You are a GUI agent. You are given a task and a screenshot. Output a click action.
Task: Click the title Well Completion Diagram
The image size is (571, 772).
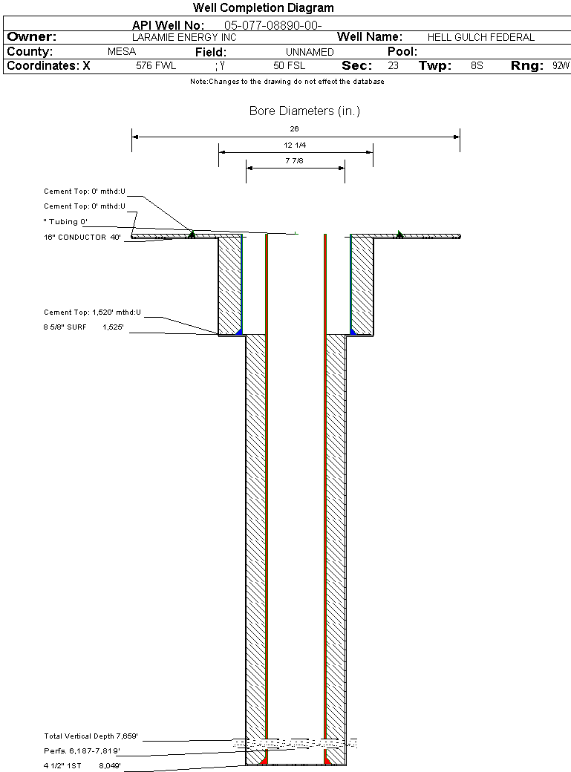tap(263, 8)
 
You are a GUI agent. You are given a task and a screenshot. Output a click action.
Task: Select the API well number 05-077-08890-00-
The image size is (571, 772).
tap(273, 25)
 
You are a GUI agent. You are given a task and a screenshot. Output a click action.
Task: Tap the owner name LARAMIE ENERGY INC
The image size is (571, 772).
tap(184, 37)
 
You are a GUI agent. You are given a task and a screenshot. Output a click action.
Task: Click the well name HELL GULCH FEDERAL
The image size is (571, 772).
tap(481, 37)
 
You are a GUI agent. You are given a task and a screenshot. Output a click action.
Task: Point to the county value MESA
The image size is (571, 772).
tap(122, 52)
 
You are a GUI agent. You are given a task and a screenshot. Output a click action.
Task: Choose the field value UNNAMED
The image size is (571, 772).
tap(310, 52)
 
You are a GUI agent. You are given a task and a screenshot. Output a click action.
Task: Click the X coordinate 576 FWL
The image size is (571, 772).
tap(156, 65)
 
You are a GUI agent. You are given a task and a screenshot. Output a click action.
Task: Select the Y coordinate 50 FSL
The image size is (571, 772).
tap(289, 65)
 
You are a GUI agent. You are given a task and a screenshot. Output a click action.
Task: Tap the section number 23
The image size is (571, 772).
tap(393, 65)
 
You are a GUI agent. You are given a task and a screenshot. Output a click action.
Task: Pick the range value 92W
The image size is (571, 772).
tap(561, 65)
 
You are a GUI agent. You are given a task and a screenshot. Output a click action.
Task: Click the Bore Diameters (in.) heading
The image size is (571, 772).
tap(304, 111)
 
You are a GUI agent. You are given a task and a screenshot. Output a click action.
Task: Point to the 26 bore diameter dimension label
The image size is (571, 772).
tap(294, 129)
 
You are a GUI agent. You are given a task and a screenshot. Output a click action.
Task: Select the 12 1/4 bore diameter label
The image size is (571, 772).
tap(295, 145)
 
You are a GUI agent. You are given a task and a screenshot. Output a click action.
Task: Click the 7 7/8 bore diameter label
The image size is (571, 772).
tap(294, 161)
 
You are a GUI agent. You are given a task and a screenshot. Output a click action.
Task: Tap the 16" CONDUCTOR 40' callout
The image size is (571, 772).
tap(82, 238)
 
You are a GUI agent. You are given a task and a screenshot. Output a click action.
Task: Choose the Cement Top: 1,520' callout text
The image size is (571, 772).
tap(92, 313)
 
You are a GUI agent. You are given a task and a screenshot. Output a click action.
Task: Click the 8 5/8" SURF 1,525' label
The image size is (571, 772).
tap(83, 327)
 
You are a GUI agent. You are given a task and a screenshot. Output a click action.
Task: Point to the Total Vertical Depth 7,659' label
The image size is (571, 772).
tap(91, 736)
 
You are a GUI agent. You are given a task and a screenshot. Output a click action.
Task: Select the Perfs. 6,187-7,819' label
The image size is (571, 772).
tap(82, 751)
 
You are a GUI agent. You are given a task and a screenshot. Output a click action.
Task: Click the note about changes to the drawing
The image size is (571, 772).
tap(287, 82)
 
